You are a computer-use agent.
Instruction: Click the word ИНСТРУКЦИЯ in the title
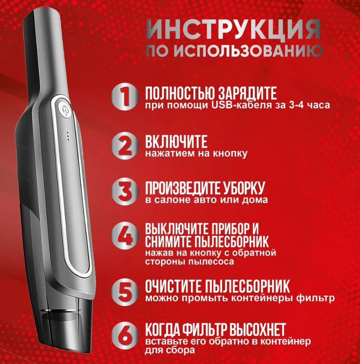click(x=234, y=30)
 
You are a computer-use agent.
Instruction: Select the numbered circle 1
click(x=124, y=97)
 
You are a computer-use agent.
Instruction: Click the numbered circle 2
click(x=124, y=145)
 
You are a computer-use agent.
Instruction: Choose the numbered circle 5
click(x=124, y=291)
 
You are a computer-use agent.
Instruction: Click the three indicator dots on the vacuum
click(x=68, y=137)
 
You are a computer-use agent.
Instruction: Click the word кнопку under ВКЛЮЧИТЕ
click(x=230, y=153)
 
